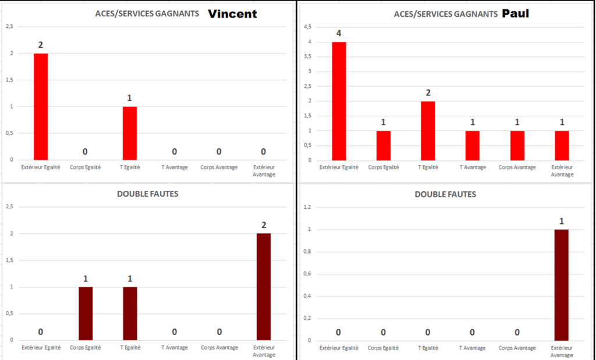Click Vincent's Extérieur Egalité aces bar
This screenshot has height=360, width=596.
[41, 106]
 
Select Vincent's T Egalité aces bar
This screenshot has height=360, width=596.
[129, 133]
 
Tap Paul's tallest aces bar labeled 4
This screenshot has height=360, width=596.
[339, 101]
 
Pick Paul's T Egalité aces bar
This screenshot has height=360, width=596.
[428, 130]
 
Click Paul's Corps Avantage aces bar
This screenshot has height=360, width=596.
[517, 145]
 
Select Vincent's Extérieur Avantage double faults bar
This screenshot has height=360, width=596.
[263, 286]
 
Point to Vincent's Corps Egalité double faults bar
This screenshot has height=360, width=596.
[85, 313]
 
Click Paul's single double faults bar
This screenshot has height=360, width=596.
[561, 285]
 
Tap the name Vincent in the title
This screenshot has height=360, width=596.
[232, 14]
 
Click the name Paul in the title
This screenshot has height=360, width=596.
[516, 13]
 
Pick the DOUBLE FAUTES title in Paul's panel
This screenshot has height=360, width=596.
[445, 194]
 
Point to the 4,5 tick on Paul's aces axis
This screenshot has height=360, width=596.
[308, 27]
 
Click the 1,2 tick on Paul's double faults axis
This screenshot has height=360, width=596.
[308, 207]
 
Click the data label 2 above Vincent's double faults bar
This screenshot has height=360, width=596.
[263, 225]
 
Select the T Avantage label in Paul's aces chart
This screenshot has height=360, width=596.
[472, 167]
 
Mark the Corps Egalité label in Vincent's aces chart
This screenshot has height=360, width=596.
[85, 167]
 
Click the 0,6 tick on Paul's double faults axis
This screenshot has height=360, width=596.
[308, 274]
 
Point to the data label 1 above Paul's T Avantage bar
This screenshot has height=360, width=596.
[472, 122]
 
